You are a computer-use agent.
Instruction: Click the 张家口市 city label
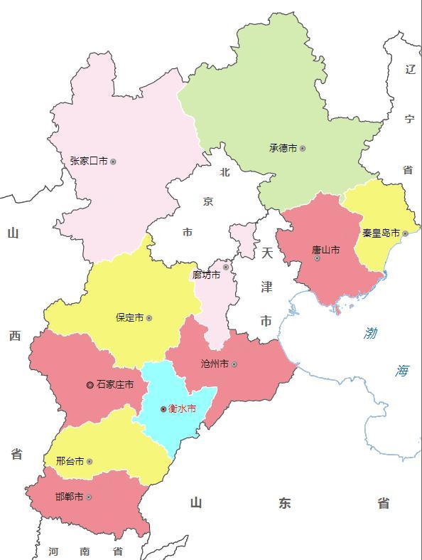(89, 162)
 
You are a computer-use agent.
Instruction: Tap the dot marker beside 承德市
(303, 149)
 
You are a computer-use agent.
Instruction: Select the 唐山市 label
(325, 250)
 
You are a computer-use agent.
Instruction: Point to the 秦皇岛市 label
(381, 233)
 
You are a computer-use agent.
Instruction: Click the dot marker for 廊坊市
(226, 268)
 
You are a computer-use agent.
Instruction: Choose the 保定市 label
(129, 318)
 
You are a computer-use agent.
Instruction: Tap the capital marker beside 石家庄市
(90, 385)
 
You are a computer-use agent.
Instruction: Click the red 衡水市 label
(182, 409)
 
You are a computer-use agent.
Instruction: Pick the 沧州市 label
(215, 364)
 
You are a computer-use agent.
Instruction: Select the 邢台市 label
(70, 461)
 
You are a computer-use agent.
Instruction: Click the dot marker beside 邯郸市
(89, 497)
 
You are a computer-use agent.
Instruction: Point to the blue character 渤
(371, 333)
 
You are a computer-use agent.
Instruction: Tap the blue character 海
(402, 371)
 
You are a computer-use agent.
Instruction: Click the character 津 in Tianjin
(266, 287)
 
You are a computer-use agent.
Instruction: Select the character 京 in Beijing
(207, 201)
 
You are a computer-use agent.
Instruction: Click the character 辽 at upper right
(409, 69)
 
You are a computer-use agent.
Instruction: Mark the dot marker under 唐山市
(317, 258)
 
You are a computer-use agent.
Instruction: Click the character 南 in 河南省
(85, 551)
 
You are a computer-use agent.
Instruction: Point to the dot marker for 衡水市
(163, 409)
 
